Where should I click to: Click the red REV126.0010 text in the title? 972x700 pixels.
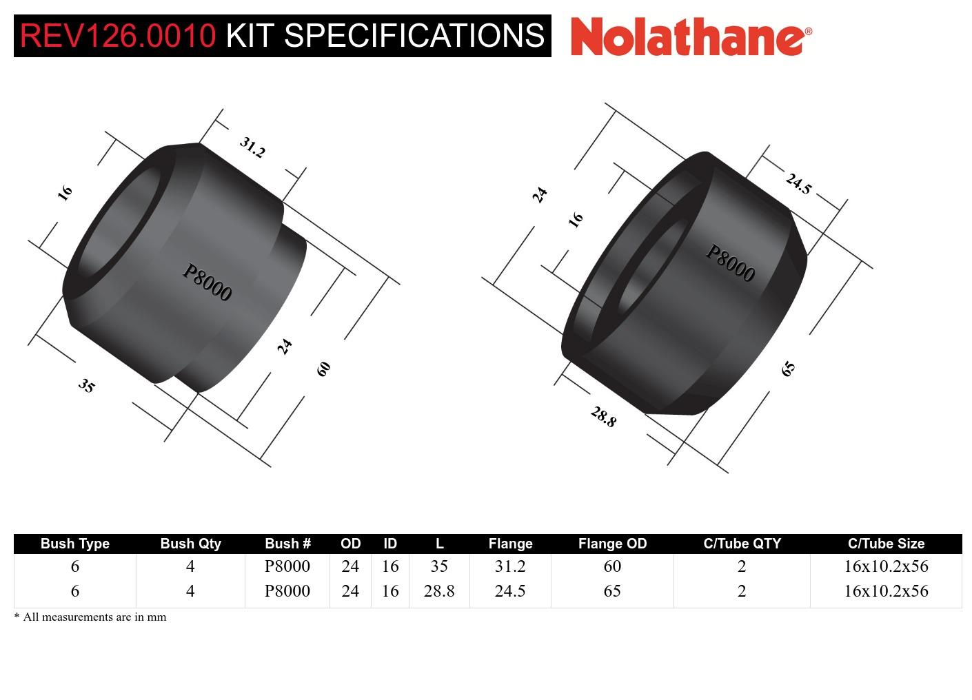click(118, 36)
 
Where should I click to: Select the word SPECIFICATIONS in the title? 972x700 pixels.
click(414, 36)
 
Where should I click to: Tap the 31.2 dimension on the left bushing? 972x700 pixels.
click(252, 147)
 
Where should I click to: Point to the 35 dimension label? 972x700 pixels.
click(86, 385)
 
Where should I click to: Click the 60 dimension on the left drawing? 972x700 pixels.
click(323, 369)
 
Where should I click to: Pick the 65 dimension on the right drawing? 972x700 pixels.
click(788, 369)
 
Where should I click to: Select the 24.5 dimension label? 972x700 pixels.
click(798, 183)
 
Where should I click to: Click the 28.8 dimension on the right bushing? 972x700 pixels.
click(603, 416)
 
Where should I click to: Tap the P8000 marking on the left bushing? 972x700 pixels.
click(207, 282)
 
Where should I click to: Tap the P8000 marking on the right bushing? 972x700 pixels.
click(730, 263)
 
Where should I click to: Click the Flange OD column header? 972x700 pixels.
click(612, 544)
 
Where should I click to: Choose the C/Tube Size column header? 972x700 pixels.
click(886, 544)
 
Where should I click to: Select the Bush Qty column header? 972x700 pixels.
click(190, 544)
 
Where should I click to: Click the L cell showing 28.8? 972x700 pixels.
click(439, 591)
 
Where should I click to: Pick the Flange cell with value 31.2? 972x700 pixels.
click(510, 566)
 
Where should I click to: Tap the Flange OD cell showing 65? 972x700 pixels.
click(612, 591)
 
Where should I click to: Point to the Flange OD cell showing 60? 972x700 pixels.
click(612, 566)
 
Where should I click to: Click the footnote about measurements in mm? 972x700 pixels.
click(90, 617)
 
